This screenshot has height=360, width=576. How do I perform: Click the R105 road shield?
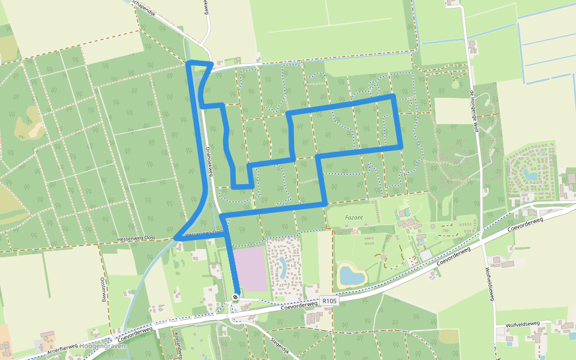tap(329, 301)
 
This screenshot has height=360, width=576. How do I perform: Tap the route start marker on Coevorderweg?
tap(236, 297)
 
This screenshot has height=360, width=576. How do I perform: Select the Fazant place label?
tap(355, 218)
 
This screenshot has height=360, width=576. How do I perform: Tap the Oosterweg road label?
tap(103, 287)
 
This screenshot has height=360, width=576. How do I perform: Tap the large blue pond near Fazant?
tap(352, 275)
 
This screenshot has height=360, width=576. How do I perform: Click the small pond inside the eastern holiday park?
tap(529, 175)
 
